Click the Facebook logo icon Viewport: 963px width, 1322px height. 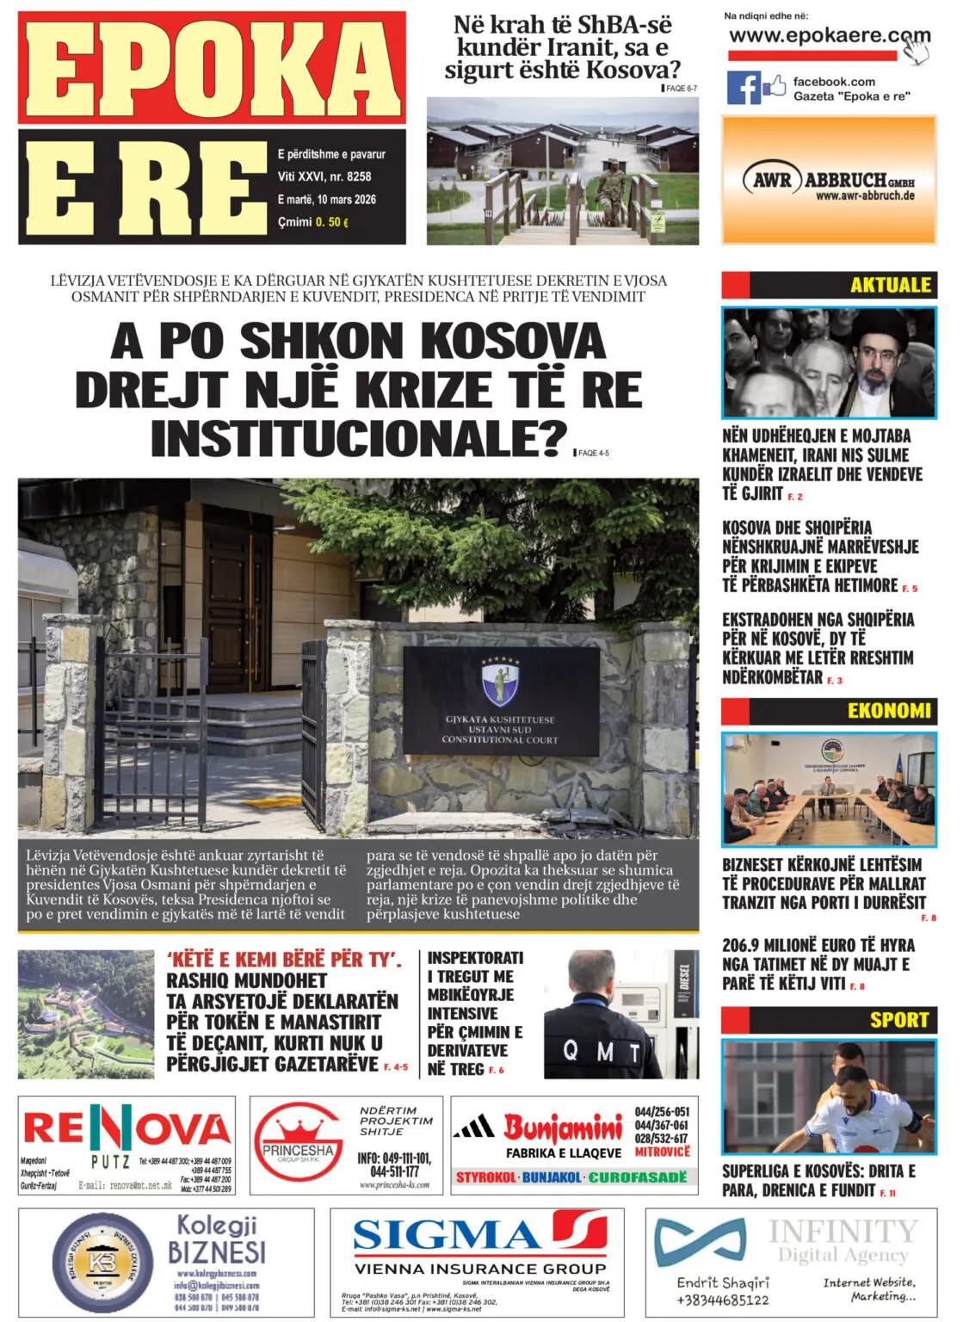point(744,87)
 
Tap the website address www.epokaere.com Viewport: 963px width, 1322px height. point(828,36)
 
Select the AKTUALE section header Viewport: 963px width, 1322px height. point(890,285)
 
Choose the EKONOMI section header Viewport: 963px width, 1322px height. point(888,711)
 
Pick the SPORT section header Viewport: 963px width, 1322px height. point(898,1020)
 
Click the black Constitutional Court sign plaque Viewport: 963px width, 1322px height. point(501,701)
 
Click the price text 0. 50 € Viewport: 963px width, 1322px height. point(331,222)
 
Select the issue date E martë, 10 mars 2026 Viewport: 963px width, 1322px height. point(326,200)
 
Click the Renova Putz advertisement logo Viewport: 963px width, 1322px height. point(127,1129)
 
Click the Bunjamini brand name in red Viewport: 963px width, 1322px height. point(562,1127)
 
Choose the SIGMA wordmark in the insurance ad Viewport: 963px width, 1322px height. point(448,1235)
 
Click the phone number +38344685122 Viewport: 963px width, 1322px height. point(722,1300)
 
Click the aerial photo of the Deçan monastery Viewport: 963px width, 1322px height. point(86,1014)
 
